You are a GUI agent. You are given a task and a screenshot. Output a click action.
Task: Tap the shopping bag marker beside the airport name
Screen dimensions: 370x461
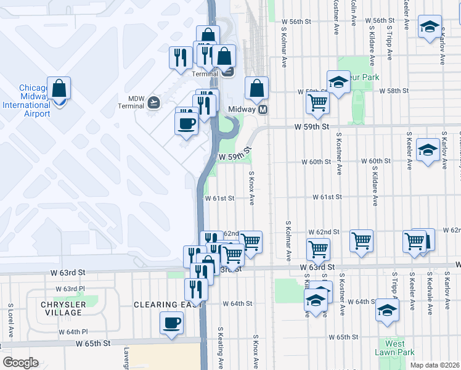point(59,89)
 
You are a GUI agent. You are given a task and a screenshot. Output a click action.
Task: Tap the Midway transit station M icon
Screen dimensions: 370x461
point(263,109)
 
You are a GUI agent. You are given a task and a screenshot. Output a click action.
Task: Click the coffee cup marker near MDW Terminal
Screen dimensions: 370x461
point(187,123)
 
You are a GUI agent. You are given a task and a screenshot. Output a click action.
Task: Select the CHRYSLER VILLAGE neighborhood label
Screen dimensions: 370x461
point(61,308)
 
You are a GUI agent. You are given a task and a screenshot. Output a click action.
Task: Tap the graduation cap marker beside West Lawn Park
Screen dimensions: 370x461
point(387,311)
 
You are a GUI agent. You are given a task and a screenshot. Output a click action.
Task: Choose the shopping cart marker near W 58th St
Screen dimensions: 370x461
point(318,102)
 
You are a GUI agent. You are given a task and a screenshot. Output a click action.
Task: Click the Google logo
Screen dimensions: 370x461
point(20,363)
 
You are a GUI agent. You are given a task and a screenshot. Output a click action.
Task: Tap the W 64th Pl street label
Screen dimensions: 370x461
point(73,332)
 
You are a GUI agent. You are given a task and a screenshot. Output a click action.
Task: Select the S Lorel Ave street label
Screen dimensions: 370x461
point(11,320)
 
